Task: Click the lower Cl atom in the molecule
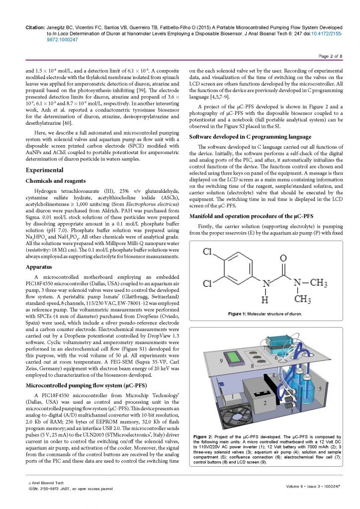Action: point(208,283)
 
